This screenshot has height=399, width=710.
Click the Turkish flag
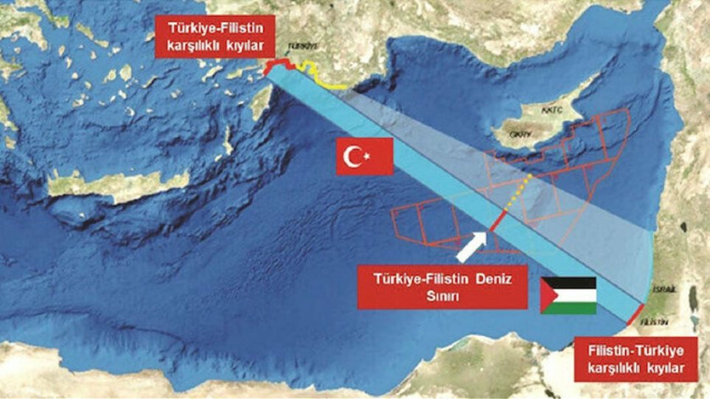click(364, 156)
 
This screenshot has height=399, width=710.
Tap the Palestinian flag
click(568, 296)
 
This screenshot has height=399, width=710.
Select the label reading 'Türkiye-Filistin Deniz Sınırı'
click(442, 287)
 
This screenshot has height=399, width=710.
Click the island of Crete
click(111, 184)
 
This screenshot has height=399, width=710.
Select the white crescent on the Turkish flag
click(356, 156)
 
